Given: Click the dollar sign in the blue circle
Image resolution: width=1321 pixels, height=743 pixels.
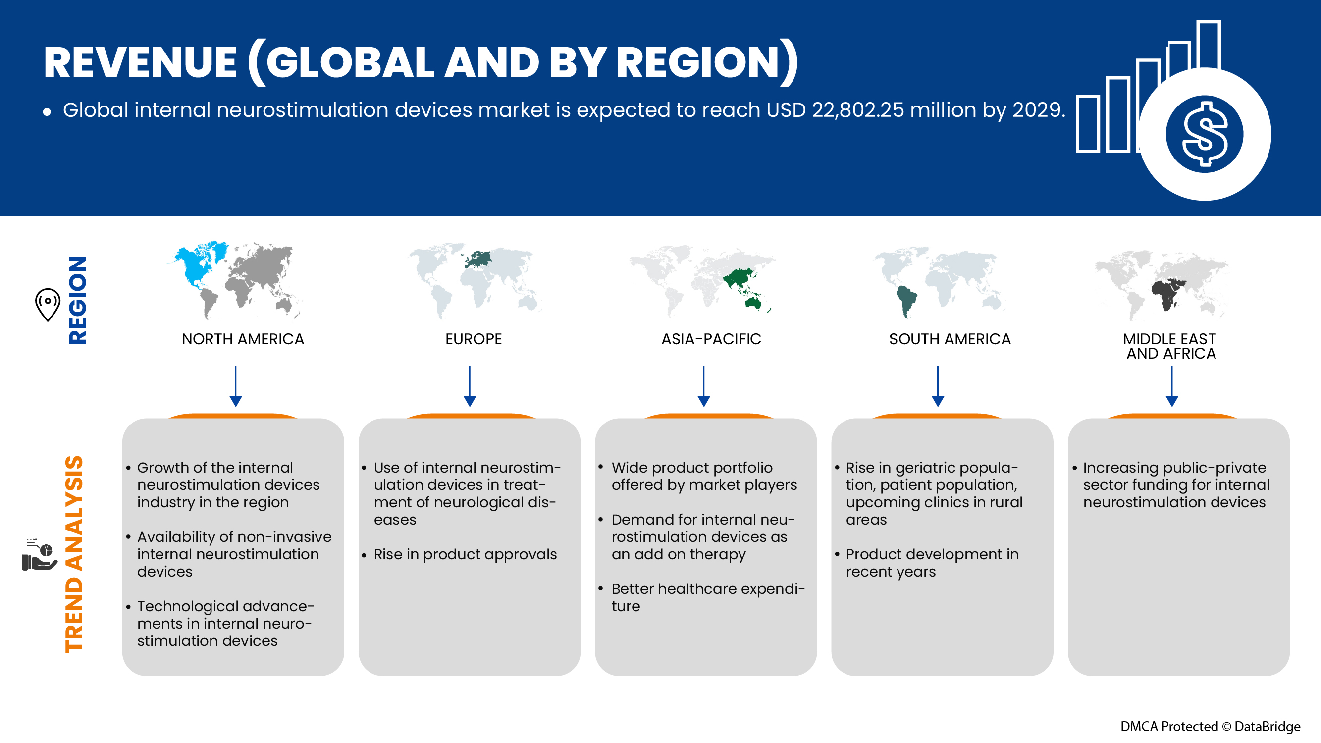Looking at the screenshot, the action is click(1205, 134).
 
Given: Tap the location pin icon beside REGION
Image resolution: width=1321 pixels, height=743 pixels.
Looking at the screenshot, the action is click(48, 305).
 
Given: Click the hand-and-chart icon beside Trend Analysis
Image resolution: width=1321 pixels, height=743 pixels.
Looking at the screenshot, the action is click(40, 555).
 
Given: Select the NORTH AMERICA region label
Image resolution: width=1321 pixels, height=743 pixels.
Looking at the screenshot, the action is click(243, 339).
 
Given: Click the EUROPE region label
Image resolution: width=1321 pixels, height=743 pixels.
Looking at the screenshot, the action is click(474, 339).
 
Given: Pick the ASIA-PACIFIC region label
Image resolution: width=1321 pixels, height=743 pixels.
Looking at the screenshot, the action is click(711, 339).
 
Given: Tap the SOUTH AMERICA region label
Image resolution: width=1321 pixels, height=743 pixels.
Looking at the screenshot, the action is click(950, 339).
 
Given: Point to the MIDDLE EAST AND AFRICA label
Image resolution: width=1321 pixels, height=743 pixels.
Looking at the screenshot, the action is click(1170, 346).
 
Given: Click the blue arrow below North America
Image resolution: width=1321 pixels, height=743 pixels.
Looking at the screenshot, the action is click(236, 386).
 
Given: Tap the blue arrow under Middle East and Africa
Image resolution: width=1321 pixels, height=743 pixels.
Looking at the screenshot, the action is click(1172, 386).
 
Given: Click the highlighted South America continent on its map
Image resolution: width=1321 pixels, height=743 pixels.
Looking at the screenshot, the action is click(906, 302).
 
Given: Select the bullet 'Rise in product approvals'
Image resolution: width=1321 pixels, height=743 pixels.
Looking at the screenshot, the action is click(465, 554).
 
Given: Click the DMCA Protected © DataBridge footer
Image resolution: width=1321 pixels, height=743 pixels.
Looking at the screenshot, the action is click(1210, 726).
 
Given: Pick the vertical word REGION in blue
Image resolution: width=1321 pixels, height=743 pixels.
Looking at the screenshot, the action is click(77, 300).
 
